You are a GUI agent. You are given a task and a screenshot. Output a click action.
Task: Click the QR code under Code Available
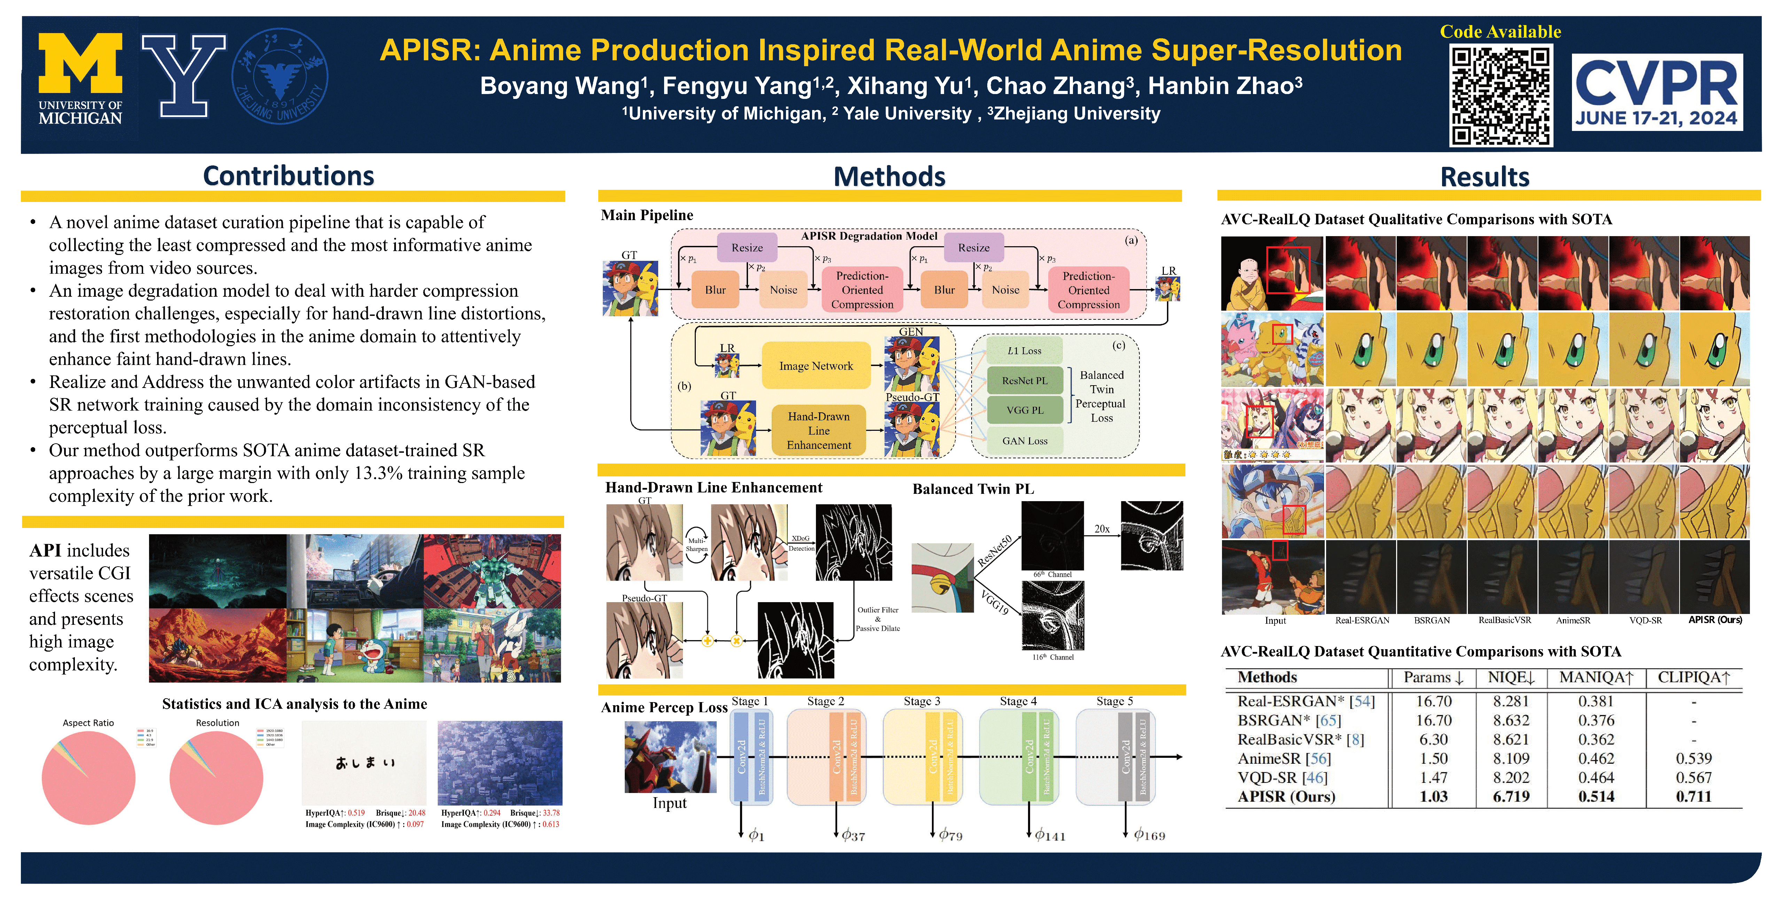(x=1501, y=95)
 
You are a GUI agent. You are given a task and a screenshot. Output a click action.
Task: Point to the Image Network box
(x=816, y=366)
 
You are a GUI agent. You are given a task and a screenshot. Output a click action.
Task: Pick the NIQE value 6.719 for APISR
(x=1511, y=797)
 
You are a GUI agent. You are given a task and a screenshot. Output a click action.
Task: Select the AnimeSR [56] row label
(x=1284, y=759)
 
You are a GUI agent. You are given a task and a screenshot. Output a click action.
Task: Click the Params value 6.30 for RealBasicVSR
(x=1433, y=739)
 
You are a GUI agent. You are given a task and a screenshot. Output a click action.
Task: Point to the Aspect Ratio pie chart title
(x=88, y=723)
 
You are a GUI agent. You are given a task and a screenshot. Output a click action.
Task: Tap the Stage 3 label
(x=922, y=701)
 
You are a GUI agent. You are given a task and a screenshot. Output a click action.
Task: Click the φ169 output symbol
(x=1149, y=835)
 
